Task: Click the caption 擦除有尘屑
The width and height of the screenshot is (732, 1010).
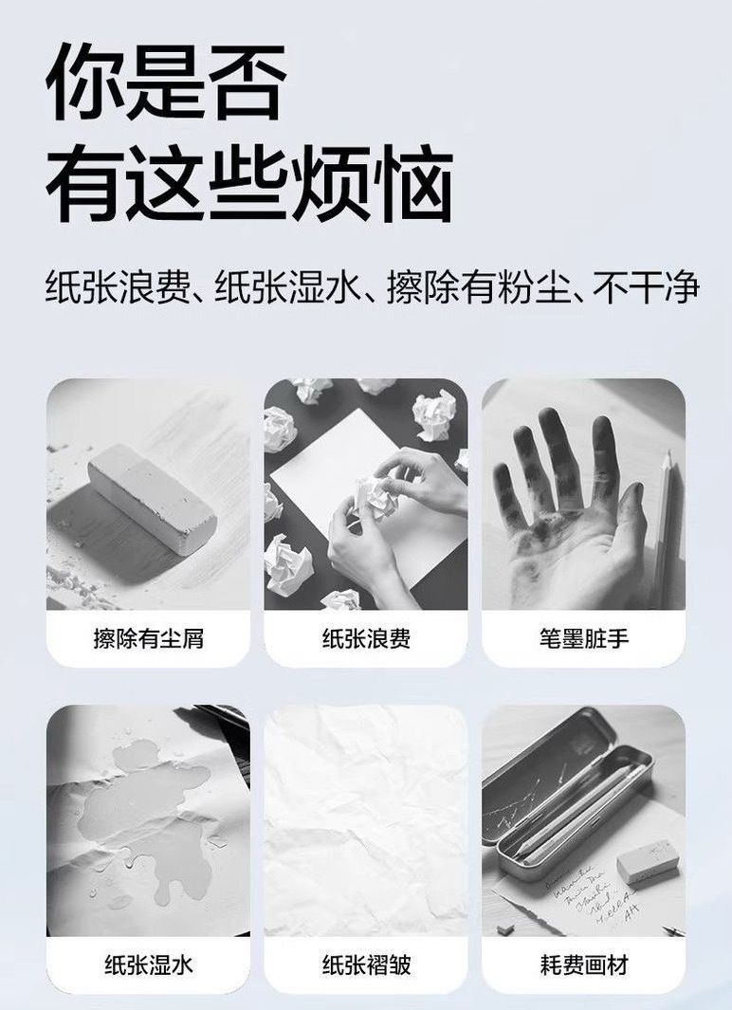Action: point(148,638)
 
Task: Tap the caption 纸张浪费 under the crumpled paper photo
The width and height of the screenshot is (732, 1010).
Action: point(366,638)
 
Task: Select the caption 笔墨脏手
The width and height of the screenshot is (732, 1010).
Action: point(583,638)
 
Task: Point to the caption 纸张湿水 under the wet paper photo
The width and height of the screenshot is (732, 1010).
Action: point(148,964)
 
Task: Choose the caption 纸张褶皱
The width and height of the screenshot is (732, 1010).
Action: point(366,964)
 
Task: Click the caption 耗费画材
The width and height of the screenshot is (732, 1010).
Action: point(583,964)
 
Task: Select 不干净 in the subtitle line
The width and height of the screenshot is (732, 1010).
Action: point(646,287)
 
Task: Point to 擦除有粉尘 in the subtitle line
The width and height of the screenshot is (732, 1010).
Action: point(479,287)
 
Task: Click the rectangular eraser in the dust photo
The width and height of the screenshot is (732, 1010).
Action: point(152,499)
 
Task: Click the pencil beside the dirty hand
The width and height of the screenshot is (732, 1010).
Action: point(663,527)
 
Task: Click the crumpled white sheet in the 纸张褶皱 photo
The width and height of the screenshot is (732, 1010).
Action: point(366,820)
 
